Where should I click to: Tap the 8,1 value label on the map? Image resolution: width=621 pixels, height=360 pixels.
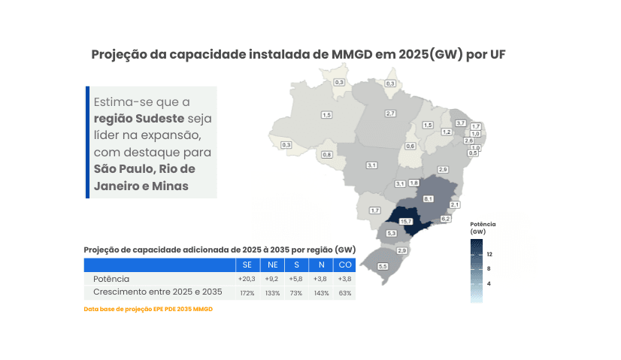point(428,198)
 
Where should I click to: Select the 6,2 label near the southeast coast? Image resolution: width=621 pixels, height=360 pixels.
point(445,218)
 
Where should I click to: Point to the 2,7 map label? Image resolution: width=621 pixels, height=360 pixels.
point(390,113)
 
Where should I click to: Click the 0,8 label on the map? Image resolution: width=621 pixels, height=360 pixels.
point(327,154)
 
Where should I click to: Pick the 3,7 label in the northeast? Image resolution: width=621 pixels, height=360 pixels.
point(461,123)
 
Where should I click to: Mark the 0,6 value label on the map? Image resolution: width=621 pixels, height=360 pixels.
point(410,146)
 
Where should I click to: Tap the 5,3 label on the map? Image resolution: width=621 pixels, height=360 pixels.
point(391,234)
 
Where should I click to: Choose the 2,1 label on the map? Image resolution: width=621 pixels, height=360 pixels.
point(454,204)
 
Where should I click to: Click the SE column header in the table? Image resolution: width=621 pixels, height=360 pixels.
point(247,265)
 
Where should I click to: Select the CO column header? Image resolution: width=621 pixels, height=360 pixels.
point(344,265)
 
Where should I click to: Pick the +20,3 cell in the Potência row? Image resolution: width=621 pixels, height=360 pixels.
point(247,279)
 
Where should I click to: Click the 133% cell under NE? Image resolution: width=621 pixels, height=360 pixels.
point(272,292)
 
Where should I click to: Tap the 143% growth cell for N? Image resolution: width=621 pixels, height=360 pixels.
point(321,292)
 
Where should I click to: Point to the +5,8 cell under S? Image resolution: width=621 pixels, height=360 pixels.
point(296,279)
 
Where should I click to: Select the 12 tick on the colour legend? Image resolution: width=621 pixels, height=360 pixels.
point(489,253)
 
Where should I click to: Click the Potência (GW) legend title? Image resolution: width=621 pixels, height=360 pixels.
point(483,228)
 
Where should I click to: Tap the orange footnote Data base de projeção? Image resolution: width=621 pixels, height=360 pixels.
point(148,309)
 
